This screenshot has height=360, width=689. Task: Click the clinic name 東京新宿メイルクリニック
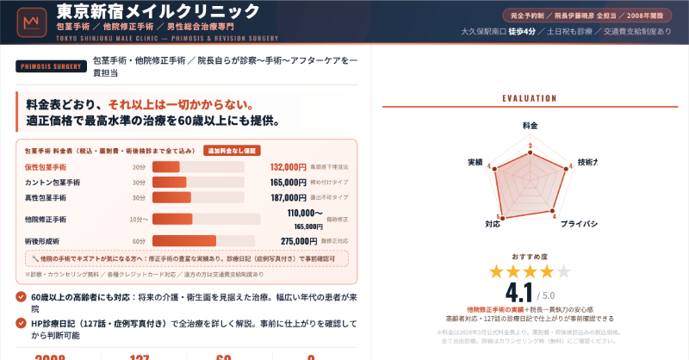click(158, 11)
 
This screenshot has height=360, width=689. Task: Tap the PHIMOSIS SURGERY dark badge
click(51, 65)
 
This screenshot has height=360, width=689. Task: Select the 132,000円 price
click(288, 167)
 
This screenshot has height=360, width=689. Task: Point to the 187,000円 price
click(288, 197)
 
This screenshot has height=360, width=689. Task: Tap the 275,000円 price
click(288, 241)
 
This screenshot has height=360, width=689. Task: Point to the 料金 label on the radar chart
click(530, 126)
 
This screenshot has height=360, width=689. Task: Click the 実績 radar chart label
click(475, 162)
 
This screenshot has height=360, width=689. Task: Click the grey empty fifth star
click(563, 272)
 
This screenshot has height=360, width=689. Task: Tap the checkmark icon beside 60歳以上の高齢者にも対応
click(21, 297)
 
